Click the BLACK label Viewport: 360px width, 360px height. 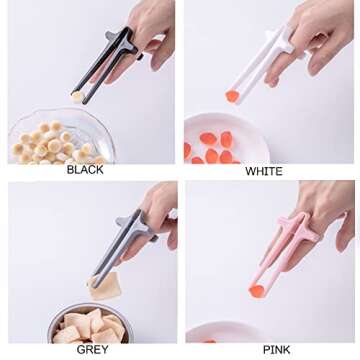pos(85,170)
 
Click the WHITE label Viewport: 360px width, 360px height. pos(264,171)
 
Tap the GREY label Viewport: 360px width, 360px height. pos(92,350)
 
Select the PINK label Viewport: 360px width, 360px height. pos(277,350)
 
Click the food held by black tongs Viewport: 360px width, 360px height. pos(76,96)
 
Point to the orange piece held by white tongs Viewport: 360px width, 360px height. pos(232,96)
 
